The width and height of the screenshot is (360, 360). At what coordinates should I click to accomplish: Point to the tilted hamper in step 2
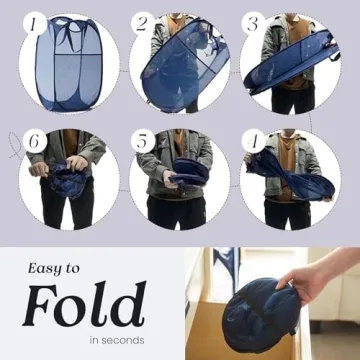(x=184, y=62)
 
